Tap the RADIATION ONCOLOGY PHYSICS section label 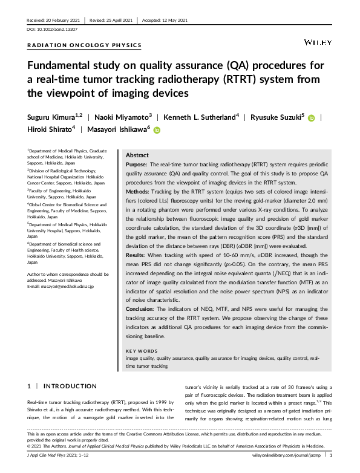(85, 45)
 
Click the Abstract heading (137, 155)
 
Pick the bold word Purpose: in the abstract (137, 165)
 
